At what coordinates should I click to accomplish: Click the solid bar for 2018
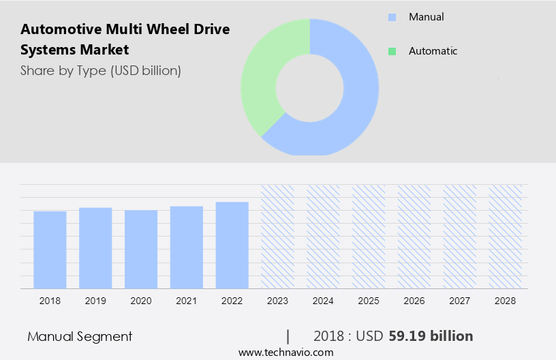pos(50,250)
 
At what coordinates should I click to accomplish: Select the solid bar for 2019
pos(95,247)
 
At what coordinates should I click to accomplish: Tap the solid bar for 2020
pos(141,249)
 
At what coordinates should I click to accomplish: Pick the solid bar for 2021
pos(187,247)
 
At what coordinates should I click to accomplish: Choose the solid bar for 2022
pos(232,245)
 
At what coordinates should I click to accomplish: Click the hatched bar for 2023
pos(277,236)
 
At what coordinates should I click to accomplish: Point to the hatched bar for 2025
pos(369,236)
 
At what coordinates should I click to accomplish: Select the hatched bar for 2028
pos(505,236)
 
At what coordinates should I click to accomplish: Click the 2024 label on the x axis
pos(323,301)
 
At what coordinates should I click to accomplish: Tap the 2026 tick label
pos(414,301)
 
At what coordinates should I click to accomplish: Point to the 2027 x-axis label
pos(460,301)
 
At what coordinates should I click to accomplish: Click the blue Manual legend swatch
pos(392,17)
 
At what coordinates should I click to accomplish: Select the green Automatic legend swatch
pos(392,51)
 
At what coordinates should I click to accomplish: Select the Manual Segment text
pos(80,336)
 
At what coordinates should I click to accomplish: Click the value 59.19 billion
pos(431,336)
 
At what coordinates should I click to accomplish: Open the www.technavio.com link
pos(286,352)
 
